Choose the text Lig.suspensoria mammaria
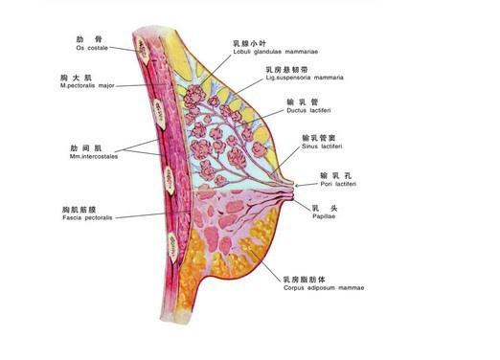[305, 78]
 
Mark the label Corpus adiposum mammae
[324, 287]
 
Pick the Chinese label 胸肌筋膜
[80, 208]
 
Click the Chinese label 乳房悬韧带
[288, 68]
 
